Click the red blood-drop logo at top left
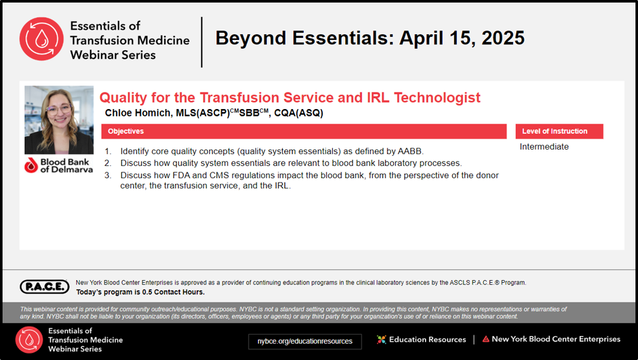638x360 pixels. pos(41,39)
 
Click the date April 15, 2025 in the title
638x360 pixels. pos(462,38)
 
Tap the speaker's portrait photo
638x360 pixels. pos(59,120)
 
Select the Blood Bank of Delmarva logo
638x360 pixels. pos(59,165)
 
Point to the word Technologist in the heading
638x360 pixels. pos(437,98)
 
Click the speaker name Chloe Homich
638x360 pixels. pos(138,113)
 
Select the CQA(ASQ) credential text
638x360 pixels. pos(299,113)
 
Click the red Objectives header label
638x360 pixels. pos(126,131)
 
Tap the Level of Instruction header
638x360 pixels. pos(554,131)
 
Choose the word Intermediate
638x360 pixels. pos(544,147)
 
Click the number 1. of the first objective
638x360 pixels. pos(108,151)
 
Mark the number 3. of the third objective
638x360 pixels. pos(108,176)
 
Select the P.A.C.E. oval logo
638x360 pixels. pos(45,286)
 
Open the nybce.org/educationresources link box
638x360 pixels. pos(305,341)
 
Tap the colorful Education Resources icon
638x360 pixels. pos(381,339)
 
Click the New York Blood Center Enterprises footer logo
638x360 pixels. pos(551,339)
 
